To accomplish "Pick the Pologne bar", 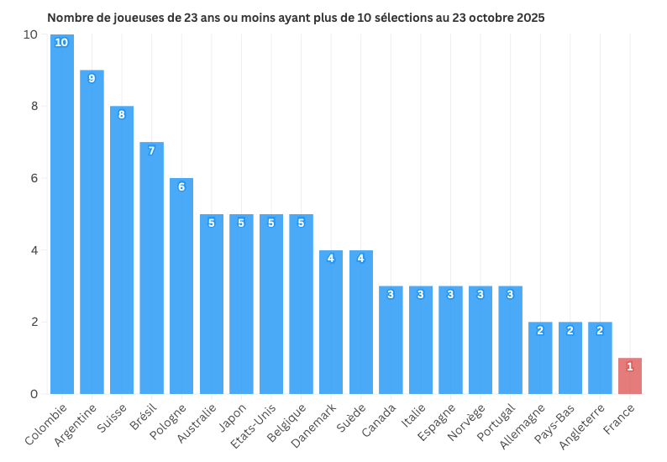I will click(181, 286).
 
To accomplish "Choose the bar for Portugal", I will click(510, 340).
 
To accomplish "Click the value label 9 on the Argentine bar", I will click(92, 78).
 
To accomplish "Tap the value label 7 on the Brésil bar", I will click(152, 150).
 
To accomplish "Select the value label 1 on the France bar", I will click(630, 366).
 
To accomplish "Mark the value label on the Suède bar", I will click(361, 258).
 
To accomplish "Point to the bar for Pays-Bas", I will click(570, 358).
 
